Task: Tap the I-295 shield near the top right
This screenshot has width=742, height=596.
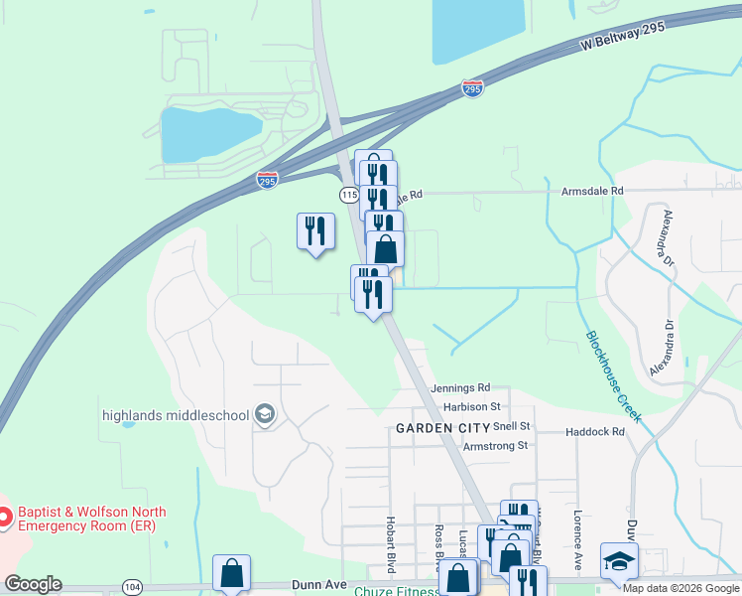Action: click(473, 89)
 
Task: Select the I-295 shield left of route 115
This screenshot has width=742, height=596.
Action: click(267, 180)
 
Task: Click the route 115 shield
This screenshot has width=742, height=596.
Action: click(348, 194)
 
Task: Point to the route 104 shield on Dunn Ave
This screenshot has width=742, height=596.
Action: click(129, 586)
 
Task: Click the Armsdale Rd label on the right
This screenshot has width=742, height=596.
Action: click(592, 190)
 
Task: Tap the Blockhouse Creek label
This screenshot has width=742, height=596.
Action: click(613, 375)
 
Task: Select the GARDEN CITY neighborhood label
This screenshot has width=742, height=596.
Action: click(442, 427)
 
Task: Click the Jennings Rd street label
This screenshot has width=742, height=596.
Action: click(460, 387)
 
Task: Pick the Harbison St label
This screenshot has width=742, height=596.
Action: click(472, 407)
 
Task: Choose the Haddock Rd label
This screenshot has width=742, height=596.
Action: click(595, 432)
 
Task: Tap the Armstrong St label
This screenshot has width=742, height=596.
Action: click(495, 446)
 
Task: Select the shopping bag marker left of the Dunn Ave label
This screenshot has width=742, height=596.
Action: click(231, 573)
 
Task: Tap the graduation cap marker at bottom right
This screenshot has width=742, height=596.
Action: click(619, 562)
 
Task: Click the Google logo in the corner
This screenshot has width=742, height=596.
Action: click(33, 584)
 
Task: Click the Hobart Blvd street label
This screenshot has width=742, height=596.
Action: click(392, 544)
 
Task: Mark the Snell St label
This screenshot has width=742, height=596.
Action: click(513, 426)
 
